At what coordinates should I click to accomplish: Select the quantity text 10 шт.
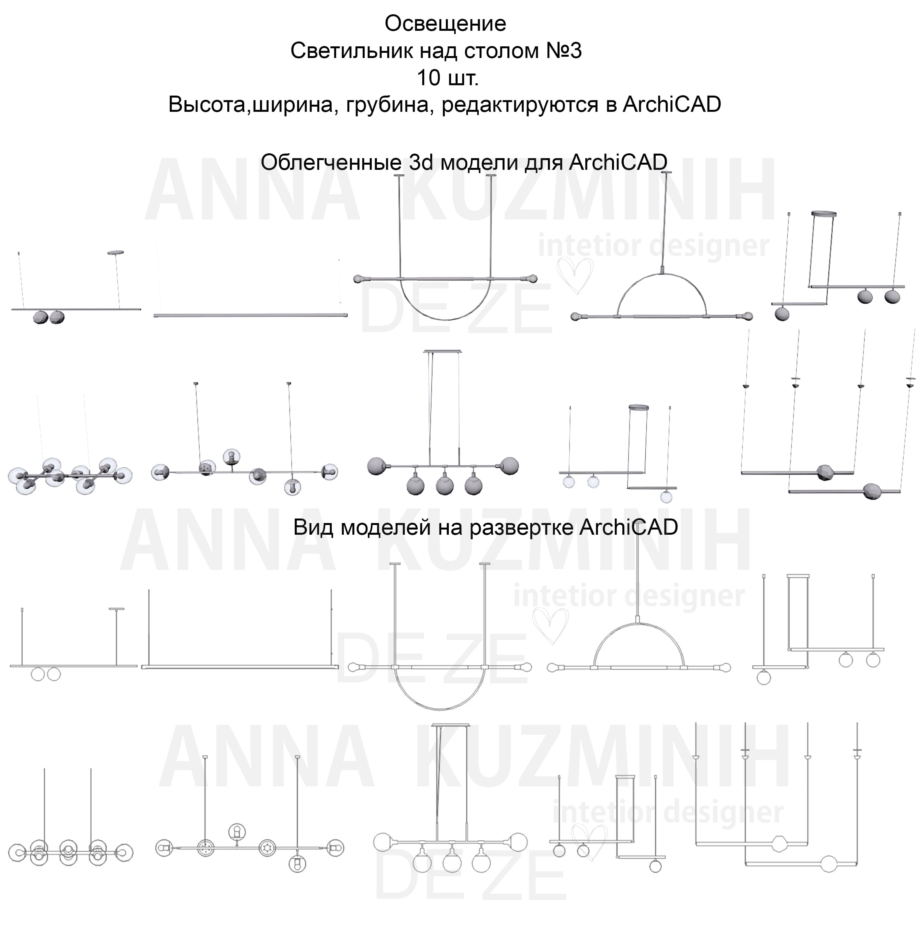[x=448, y=78]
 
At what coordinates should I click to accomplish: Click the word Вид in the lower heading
[x=313, y=527]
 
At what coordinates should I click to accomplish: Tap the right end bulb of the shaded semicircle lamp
[x=748, y=317]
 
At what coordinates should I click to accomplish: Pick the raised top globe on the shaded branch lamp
[x=232, y=456]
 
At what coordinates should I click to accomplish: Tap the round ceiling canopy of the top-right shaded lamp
[x=823, y=213]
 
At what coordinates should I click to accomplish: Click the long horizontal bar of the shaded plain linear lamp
[x=250, y=316]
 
